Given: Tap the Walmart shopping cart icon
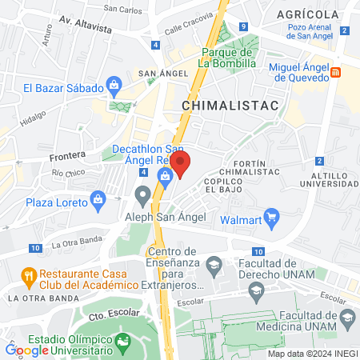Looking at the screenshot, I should tap(272, 215).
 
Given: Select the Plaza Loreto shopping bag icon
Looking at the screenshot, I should tap(98, 198).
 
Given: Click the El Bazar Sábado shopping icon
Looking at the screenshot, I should tap(114, 83).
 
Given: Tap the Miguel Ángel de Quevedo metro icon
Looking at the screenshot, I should tap(337, 72).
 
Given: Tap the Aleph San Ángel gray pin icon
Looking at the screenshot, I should tap(143, 194).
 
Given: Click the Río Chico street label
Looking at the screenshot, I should tap(67, 172).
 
